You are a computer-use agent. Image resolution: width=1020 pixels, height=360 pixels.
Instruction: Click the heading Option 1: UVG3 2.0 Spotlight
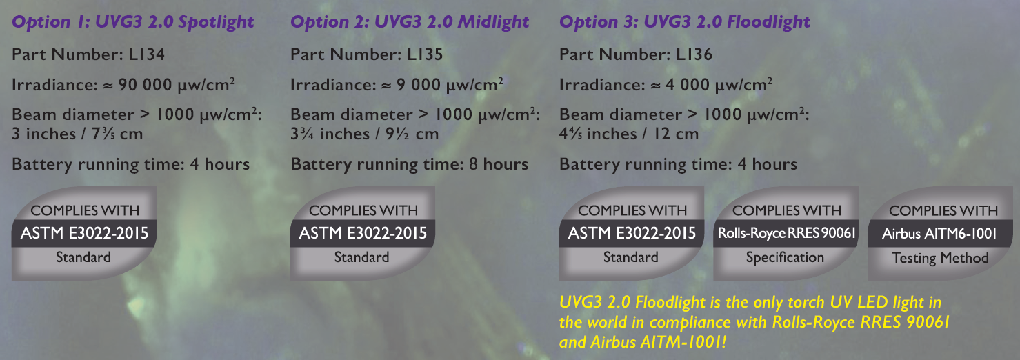(133, 22)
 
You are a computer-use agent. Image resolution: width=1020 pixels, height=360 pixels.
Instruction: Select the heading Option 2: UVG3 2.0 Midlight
(410, 22)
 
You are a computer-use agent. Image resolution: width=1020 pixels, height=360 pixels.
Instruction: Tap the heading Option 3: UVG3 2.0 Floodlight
(685, 22)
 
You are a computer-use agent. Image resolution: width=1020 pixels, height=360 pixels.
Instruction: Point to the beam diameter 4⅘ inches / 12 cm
(628, 134)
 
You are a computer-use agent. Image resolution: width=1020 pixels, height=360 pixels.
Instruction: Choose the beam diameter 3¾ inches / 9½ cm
(364, 134)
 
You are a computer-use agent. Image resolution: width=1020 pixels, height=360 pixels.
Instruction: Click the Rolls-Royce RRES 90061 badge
(786, 234)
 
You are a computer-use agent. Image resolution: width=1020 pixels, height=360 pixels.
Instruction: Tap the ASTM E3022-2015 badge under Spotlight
(84, 234)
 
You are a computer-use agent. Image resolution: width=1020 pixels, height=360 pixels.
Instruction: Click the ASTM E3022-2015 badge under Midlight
(363, 234)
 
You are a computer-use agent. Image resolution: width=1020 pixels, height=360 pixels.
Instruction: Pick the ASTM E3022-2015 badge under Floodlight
(632, 234)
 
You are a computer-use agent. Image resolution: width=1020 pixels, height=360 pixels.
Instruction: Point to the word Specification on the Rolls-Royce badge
(785, 258)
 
